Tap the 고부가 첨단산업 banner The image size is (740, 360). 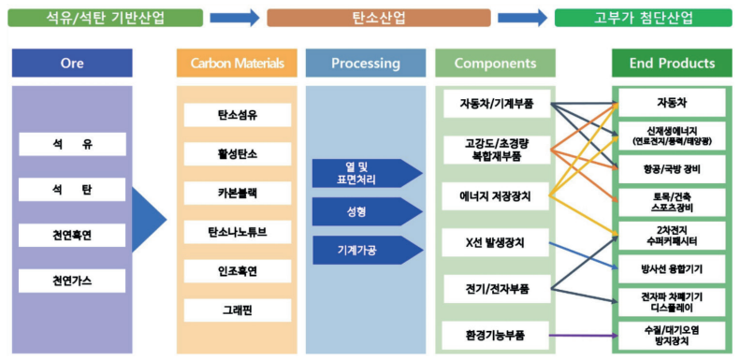(x=643, y=17)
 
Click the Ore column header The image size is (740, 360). (x=72, y=64)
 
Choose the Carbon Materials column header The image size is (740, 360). (x=237, y=64)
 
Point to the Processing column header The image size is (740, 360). (x=365, y=64)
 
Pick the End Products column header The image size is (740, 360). (x=670, y=64)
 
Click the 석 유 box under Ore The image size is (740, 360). (x=72, y=144)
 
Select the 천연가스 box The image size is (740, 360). (x=72, y=280)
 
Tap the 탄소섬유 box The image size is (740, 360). (x=237, y=115)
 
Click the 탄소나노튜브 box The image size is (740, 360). (x=237, y=231)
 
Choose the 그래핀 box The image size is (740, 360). (x=237, y=310)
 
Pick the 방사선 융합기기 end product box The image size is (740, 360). (x=670, y=268)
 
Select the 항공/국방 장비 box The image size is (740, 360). (x=670, y=168)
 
